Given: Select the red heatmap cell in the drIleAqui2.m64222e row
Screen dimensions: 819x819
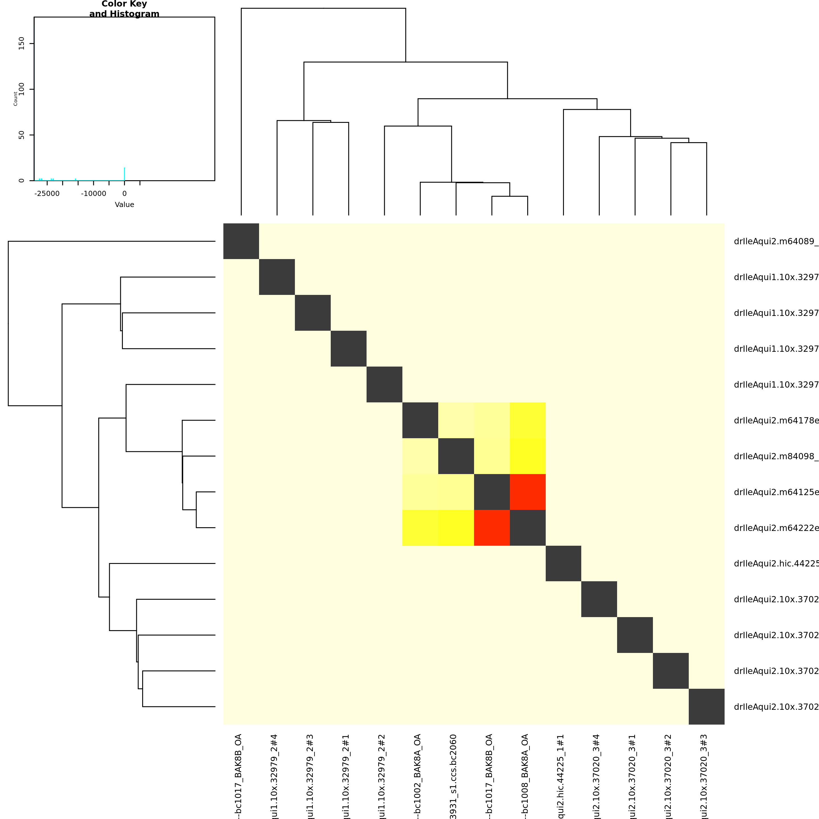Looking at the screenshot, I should click(492, 528).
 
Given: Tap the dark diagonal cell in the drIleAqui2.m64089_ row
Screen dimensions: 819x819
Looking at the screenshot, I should click(241, 241).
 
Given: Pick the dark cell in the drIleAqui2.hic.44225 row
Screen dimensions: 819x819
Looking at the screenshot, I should click(563, 563).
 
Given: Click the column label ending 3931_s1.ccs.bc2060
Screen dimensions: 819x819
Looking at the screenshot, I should click(453, 776).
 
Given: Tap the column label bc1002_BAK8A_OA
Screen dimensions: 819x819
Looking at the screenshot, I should click(417, 776).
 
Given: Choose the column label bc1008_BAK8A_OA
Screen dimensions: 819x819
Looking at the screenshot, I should click(525, 776).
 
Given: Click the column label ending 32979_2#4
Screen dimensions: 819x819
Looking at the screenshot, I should click(274, 776).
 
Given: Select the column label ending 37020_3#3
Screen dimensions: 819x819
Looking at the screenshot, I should click(704, 776).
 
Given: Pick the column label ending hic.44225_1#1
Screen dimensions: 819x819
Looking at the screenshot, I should click(561, 776).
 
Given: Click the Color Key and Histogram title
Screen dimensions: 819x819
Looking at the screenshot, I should click(124, 9).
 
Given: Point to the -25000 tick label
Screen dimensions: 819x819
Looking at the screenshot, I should click(47, 194).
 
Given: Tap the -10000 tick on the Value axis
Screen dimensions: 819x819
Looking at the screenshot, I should click(94, 194).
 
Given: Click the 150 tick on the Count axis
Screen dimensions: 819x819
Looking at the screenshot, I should click(22, 43).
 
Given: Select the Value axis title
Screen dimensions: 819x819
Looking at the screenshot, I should click(124, 205).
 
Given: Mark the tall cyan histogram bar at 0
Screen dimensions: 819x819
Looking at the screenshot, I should click(124, 174).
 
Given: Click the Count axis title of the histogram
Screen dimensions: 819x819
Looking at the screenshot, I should click(16, 98).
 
